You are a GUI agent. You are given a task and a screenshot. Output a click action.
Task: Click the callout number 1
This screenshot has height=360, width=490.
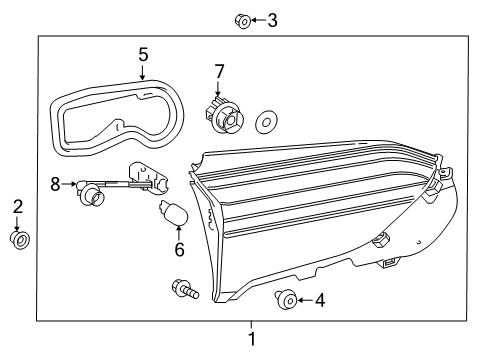[x=252, y=339]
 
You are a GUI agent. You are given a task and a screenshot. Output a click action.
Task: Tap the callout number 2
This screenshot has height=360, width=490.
[x=17, y=207]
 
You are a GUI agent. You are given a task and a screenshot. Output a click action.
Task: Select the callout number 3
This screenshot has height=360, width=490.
[x=272, y=19]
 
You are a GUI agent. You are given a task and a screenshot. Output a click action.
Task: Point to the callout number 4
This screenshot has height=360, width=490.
[x=320, y=299]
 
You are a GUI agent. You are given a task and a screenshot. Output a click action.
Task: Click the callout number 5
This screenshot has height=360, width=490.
[x=143, y=53]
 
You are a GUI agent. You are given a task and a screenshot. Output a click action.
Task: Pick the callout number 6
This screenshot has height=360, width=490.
[x=180, y=250]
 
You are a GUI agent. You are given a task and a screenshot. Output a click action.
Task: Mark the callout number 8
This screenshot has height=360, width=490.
[x=56, y=184]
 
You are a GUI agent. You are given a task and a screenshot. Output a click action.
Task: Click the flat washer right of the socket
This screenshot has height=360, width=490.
[x=266, y=121]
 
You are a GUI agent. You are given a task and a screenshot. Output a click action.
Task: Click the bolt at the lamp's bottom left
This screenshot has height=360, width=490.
[x=185, y=290]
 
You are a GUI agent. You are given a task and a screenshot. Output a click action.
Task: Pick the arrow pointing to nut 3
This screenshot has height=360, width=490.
[x=256, y=19]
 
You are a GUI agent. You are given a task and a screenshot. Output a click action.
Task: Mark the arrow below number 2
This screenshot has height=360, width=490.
[x=17, y=224]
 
